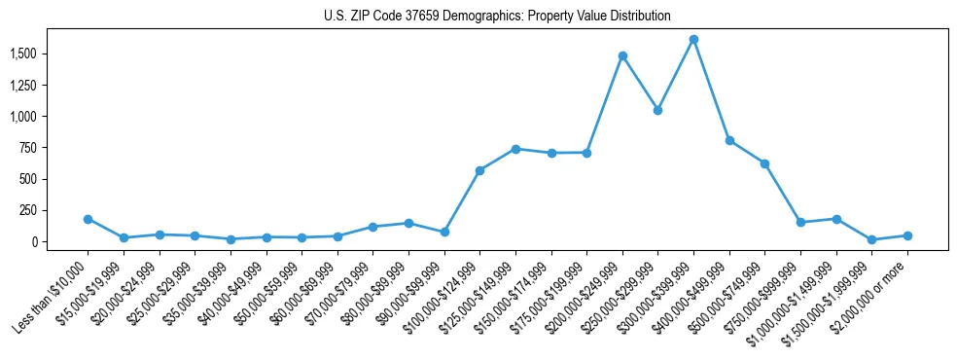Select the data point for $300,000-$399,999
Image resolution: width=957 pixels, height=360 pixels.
[693, 40]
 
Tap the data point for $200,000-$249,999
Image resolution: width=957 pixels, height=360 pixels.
[622, 55]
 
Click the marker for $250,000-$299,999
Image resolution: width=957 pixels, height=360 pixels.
[657, 110]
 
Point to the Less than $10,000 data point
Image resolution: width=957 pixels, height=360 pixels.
[88, 219]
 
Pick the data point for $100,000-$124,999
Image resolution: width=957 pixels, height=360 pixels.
[479, 170]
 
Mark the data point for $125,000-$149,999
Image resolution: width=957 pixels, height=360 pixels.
[515, 149]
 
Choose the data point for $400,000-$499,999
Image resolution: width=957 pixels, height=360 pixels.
[729, 140]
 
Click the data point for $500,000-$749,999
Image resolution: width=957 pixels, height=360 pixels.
[764, 163]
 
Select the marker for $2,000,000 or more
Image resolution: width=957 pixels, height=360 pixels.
[907, 235]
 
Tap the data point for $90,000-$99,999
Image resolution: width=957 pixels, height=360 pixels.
[444, 232]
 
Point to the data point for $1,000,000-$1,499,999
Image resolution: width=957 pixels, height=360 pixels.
[836, 219]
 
